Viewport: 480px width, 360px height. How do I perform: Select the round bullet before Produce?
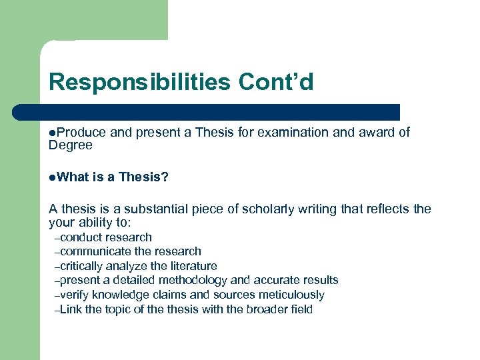[x=53, y=133]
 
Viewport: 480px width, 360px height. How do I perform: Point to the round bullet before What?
[x=53, y=177]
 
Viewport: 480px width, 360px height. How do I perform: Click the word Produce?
[x=81, y=133]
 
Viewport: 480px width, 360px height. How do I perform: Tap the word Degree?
[x=71, y=145]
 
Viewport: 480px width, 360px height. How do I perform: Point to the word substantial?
[x=155, y=209]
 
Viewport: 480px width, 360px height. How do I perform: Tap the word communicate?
[x=95, y=251]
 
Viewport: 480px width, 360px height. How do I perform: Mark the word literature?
[x=192, y=266]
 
